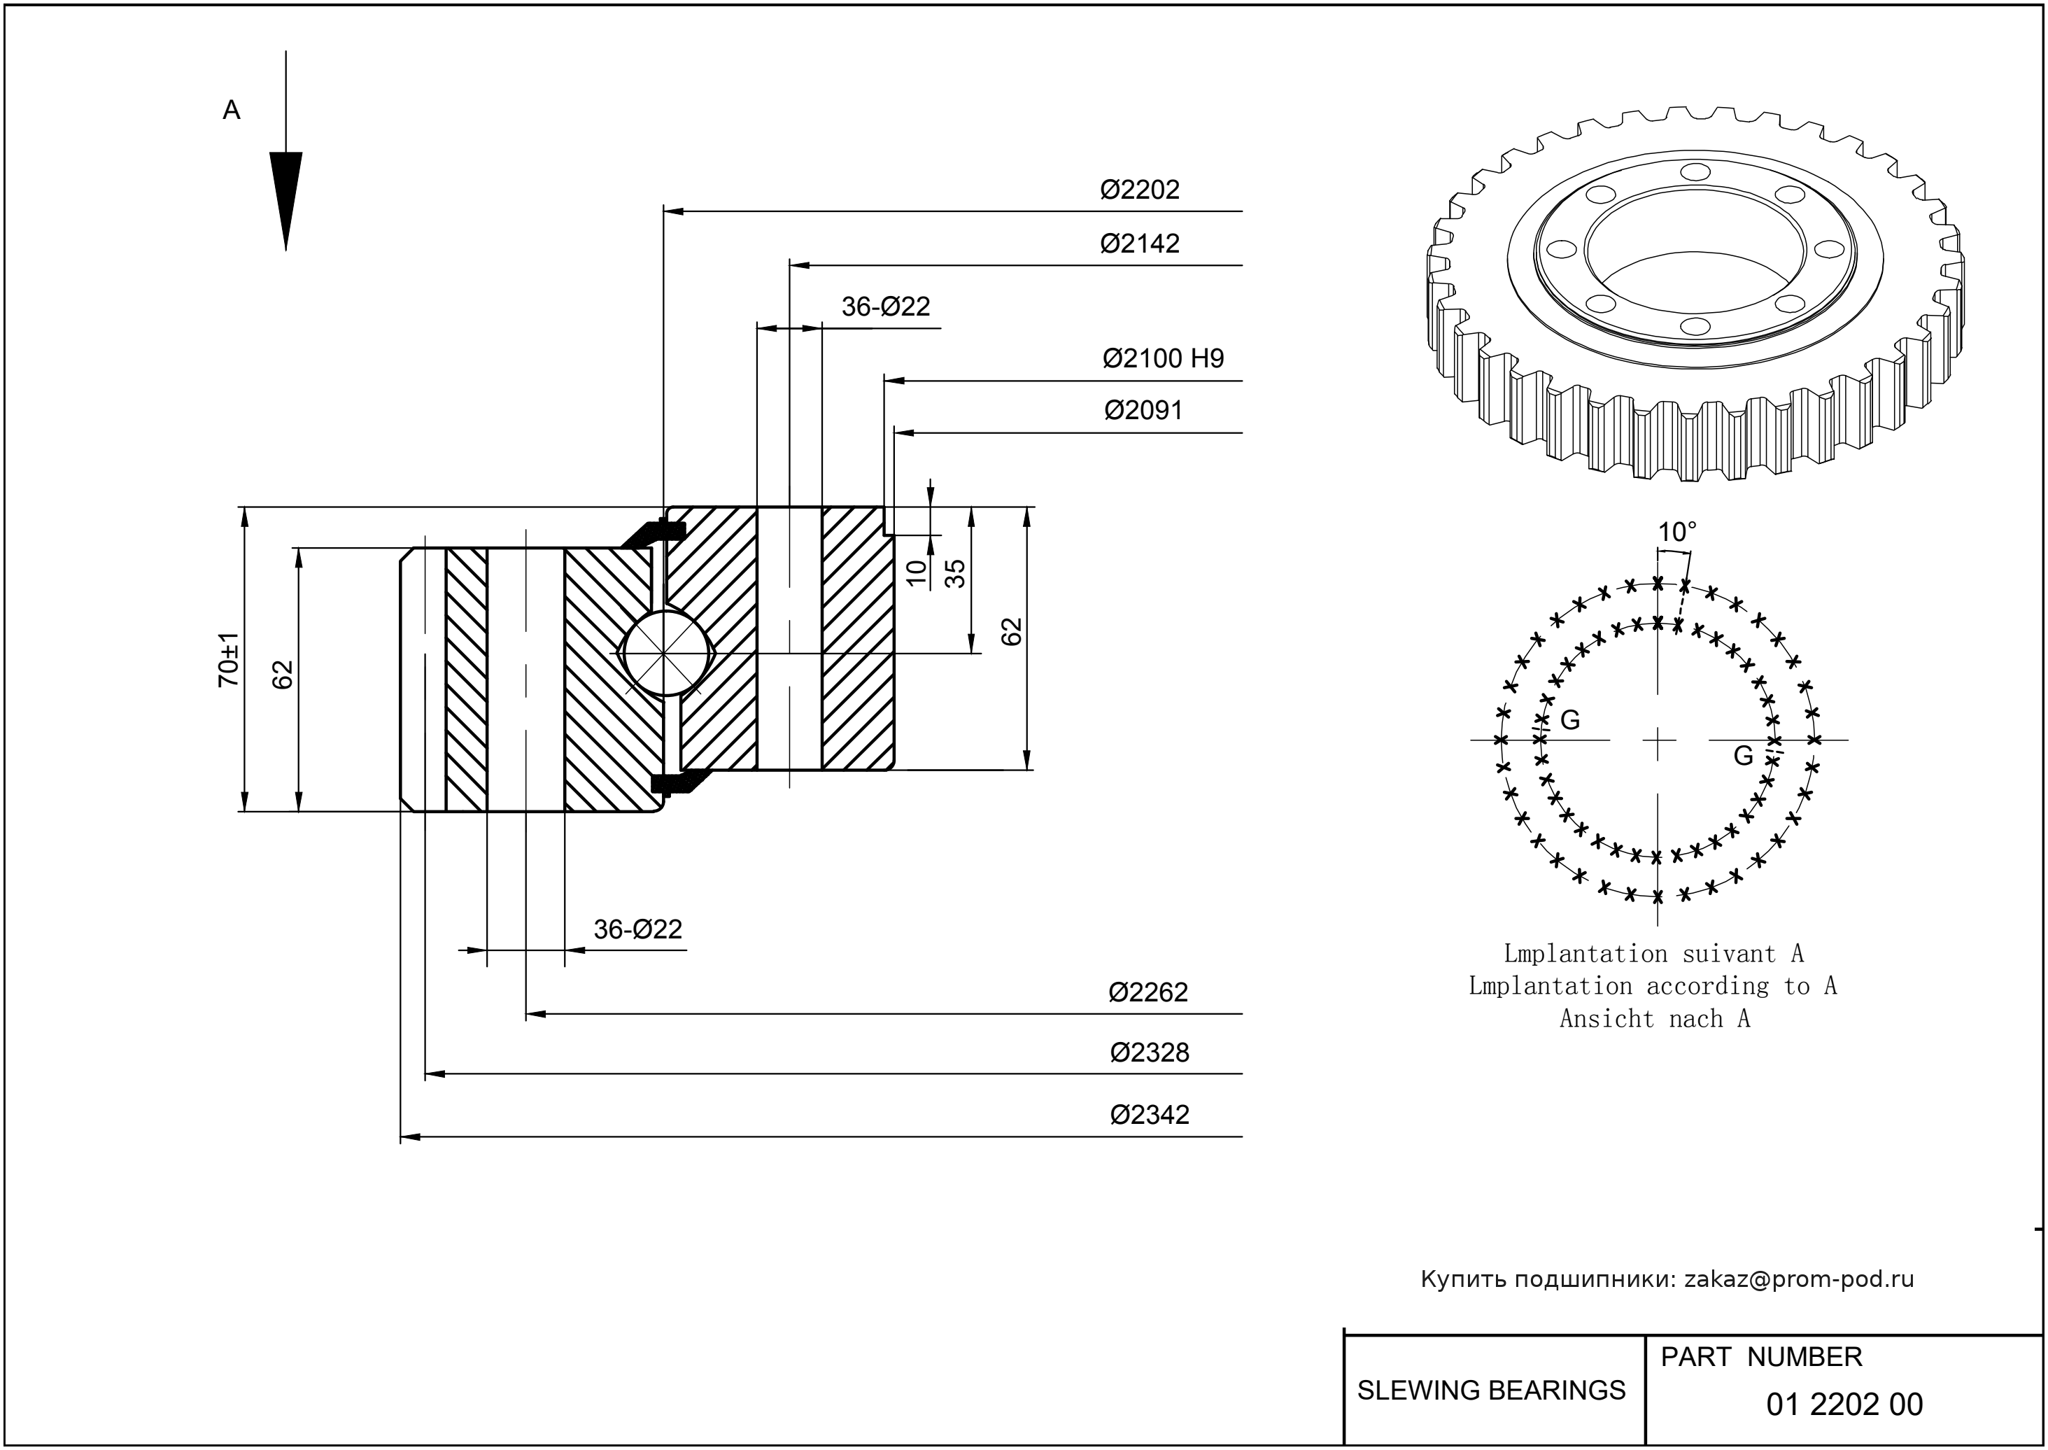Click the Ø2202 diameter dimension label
(x=1139, y=189)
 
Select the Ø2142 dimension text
(x=1139, y=244)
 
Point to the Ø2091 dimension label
(x=1143, y=411)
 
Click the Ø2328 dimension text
(x=1149, y=1053)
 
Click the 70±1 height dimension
(x=229, y=659)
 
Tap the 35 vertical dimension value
(x=955, y=573)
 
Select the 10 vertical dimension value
(x=917, y=573)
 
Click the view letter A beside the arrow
(x=231, y=110)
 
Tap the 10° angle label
(x=1676, y=532)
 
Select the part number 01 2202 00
(x=1844, y=1405)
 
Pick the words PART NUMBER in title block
(x=1760, y=1357)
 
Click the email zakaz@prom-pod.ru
(x=1798, y=1279)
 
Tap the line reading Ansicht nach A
(x=1654, y=1019)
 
